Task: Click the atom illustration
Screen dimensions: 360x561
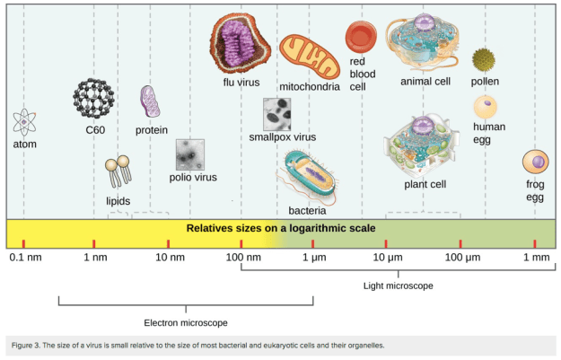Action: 24,121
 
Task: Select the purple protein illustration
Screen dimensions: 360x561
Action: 150,102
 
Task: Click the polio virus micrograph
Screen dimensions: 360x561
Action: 191,154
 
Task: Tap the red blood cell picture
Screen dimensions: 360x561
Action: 360,37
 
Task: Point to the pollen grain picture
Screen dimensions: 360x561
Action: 485,60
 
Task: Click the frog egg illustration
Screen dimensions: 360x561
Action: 536,162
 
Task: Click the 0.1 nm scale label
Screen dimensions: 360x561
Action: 23,259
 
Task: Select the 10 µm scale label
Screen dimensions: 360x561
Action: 386,259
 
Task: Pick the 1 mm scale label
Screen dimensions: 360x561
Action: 535,259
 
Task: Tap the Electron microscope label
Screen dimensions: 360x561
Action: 186,321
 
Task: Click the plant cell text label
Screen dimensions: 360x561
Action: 425,184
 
